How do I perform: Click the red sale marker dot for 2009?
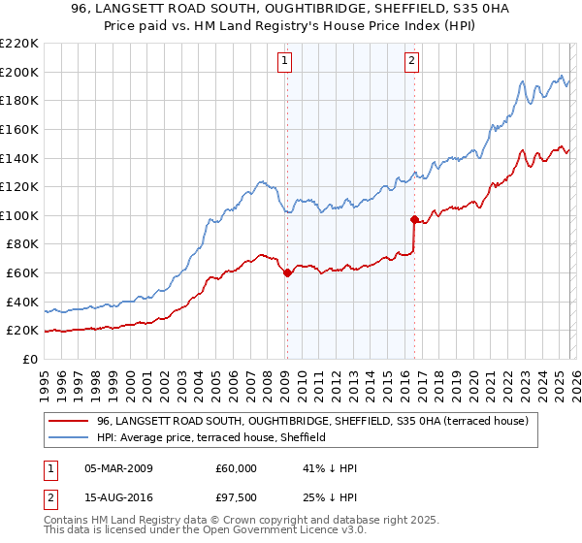pyautogui.click(x=287, y=273)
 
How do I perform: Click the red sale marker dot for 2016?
pyautogui.click(x=414, y=219)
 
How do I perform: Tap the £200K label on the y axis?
pyautogui.click(x=19, y=72)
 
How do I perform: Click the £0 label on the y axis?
pyautogui.click(x=29, y=359)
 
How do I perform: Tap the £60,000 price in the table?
pyautogui.click(x=236, y=468)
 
